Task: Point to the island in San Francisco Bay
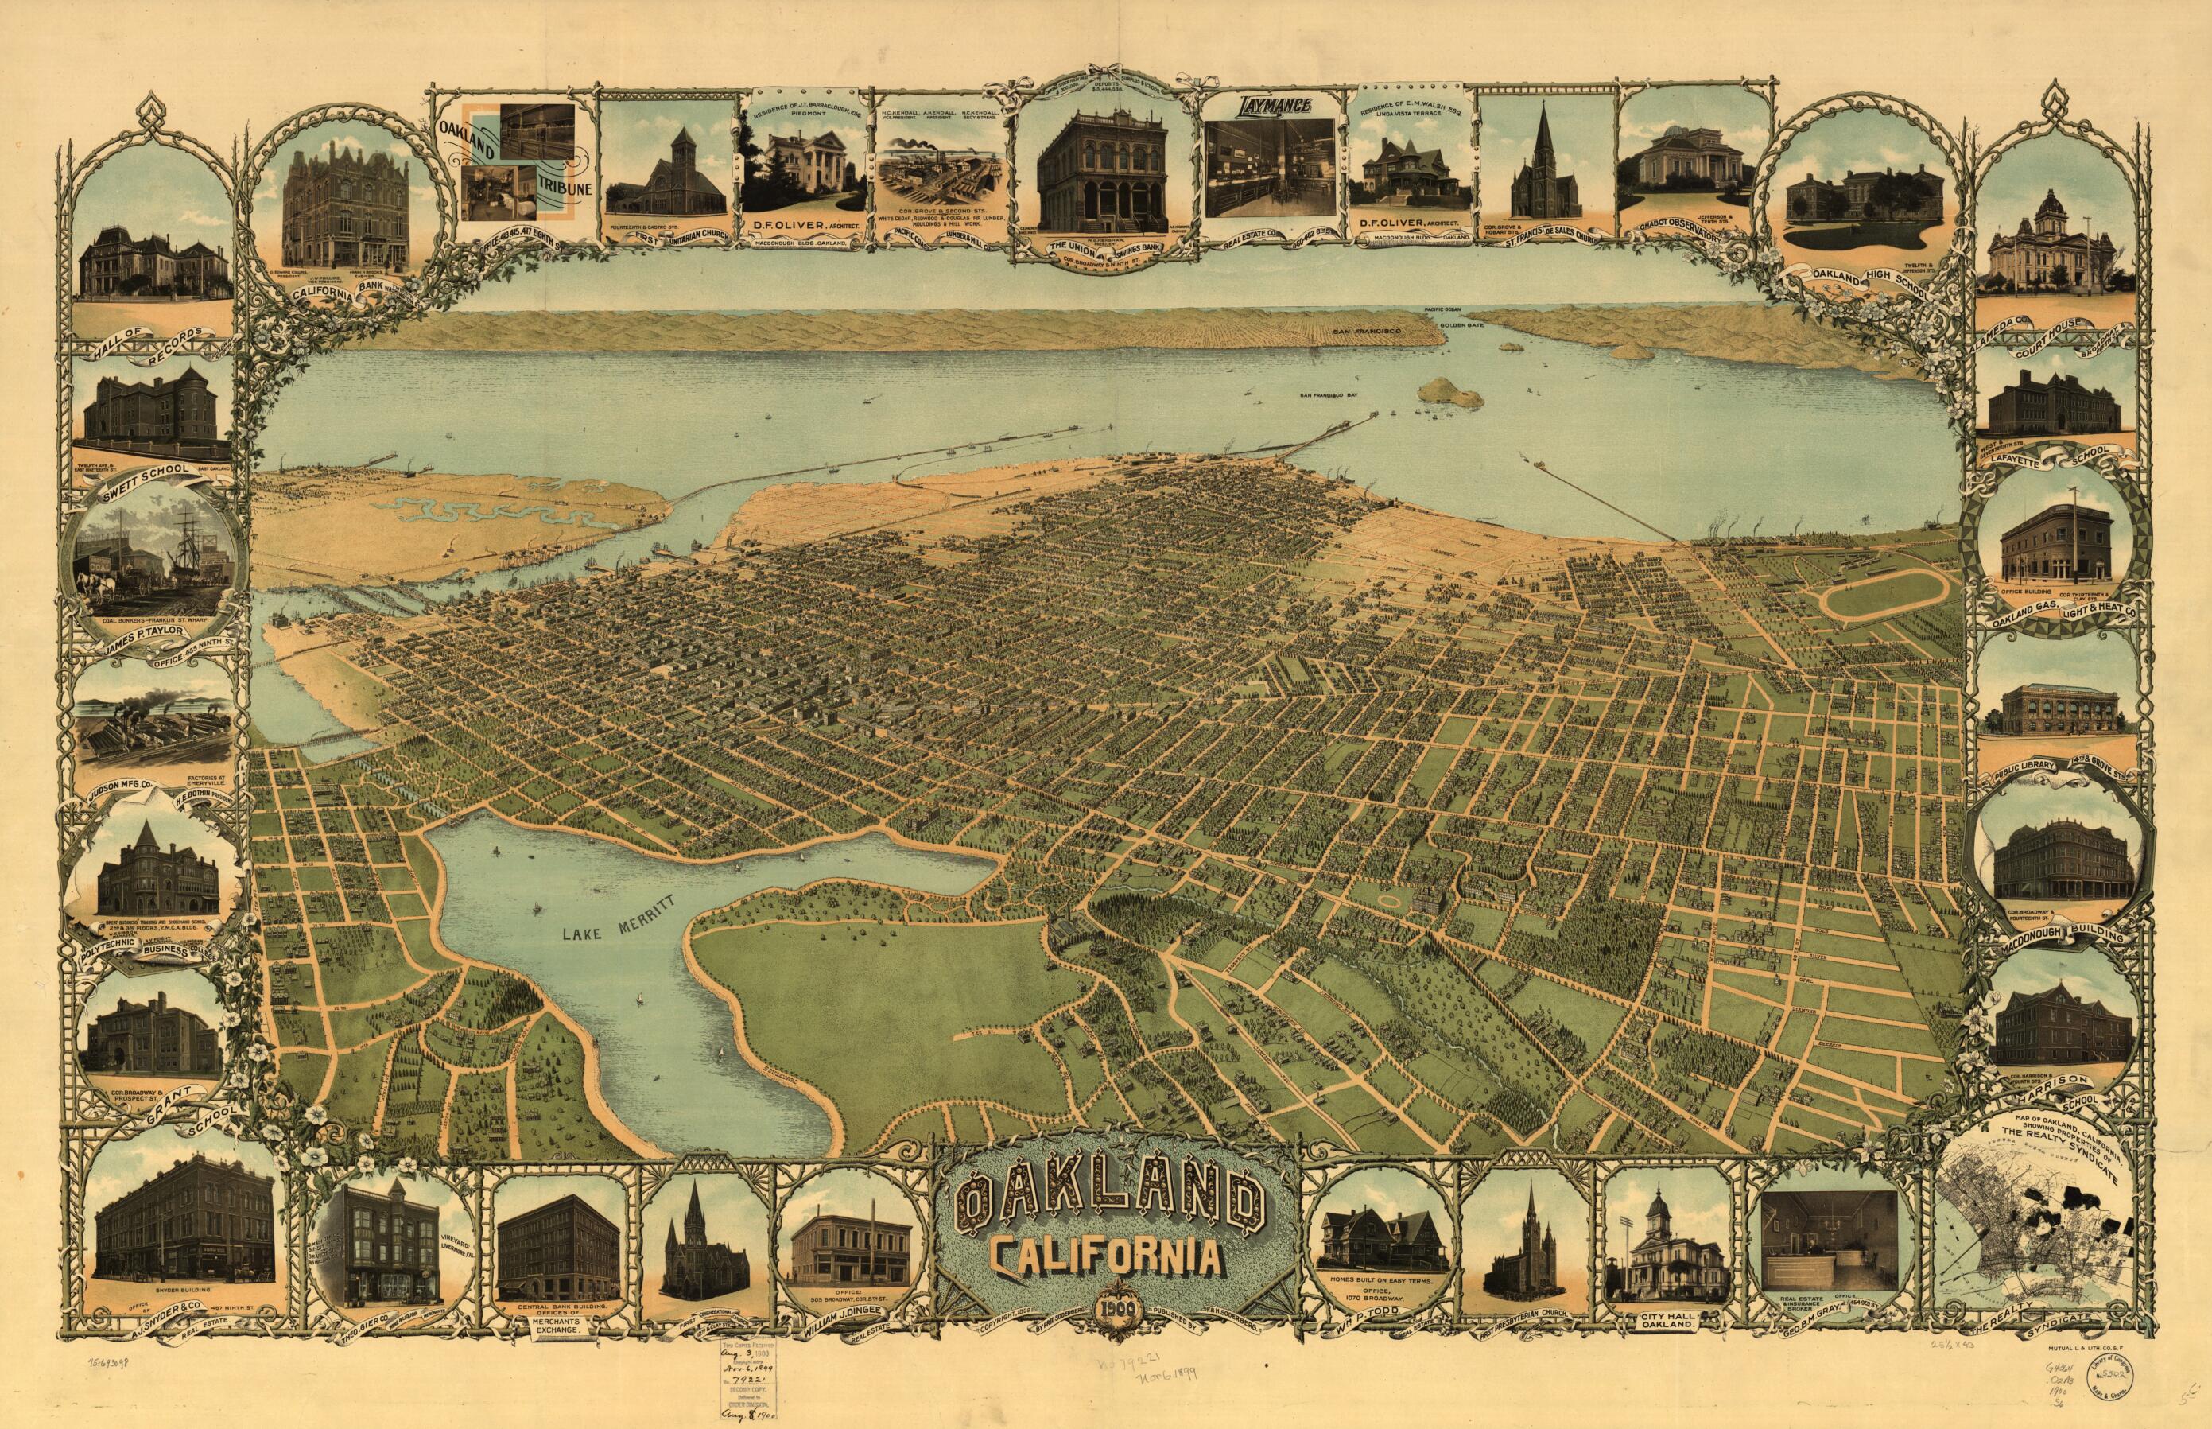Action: [1452, 390]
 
